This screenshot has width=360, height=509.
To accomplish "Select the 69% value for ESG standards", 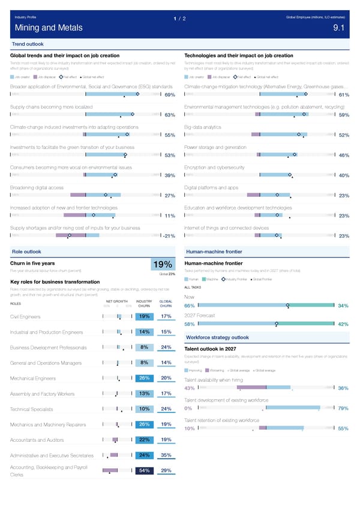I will click(169, 95).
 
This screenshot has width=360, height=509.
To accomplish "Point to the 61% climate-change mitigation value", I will click(344, 95).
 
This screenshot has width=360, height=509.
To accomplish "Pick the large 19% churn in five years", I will click(163, 265).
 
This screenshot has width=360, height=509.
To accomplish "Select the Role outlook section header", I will click(27, 251).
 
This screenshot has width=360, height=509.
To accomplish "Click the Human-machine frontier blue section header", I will click(214, 251).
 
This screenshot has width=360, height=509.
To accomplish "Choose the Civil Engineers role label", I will click(25, 317).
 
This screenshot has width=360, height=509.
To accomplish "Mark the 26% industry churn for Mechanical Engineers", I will click(144, 378).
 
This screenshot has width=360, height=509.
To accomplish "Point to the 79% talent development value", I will click(344, 409).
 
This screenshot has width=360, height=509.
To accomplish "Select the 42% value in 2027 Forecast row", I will click(344, 324).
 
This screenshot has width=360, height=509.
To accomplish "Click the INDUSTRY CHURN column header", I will click(144, 303).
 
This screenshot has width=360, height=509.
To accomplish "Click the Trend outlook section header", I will click(28, 44).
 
